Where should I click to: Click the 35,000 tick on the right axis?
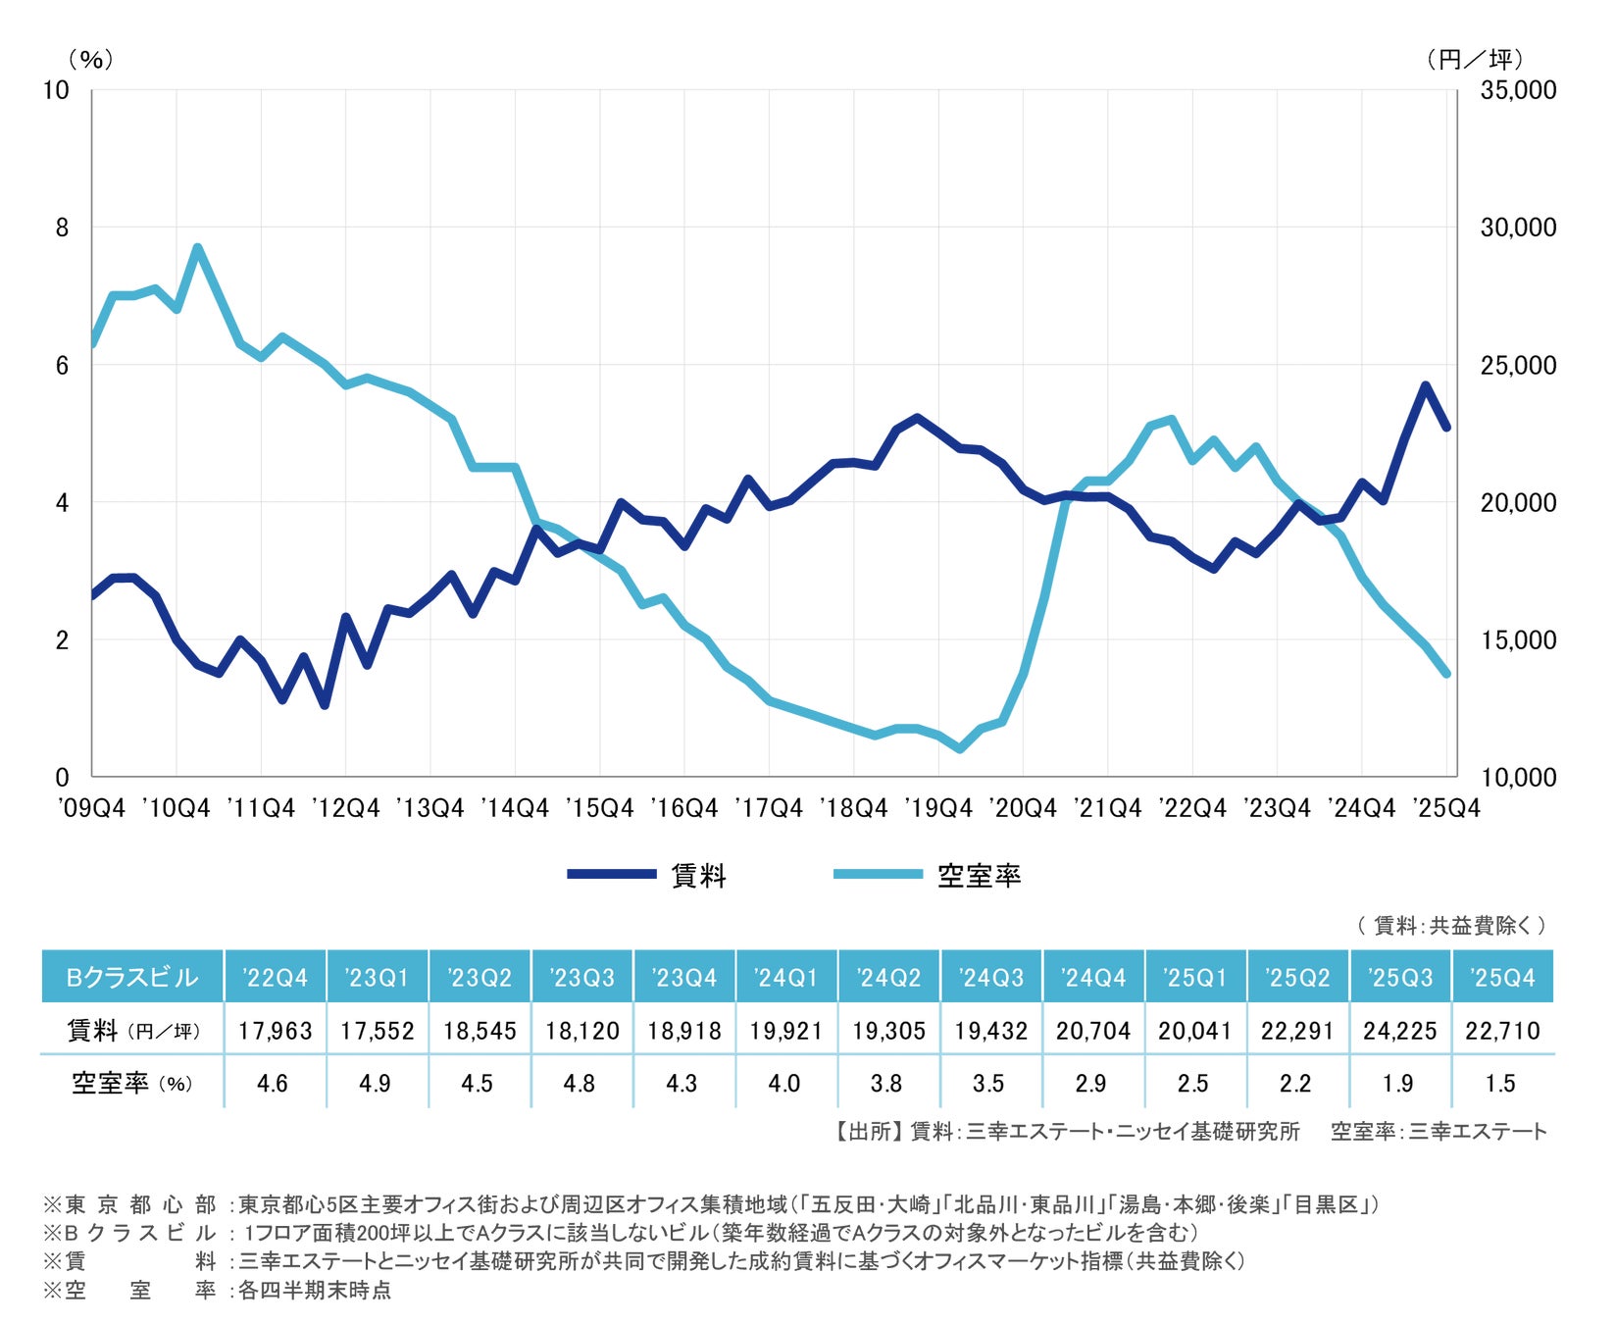(x=1518, y=90)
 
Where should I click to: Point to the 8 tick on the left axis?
(x=63, y=228)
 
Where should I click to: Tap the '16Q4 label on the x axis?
(x=684, y=808)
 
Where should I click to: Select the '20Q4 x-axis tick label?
(x=1023, y=808)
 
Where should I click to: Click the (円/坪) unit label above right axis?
(x=1475, y=60)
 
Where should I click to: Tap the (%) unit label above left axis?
(x=91, y=60)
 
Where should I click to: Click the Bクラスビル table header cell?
(x=132, y=977)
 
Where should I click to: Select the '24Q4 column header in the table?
(x=1093, y=977)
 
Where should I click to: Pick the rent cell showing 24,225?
(x=1399, y=1031)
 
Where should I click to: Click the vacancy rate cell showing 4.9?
(x=375, y=1084)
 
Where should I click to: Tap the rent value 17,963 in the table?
(x=275, y=1031)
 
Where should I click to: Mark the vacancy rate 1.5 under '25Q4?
(x=1500, y=1084)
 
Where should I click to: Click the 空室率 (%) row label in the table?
(x=132, y=1084)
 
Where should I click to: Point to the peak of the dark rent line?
(x=1425, y=385)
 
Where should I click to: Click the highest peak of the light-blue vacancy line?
(x=197, y=247)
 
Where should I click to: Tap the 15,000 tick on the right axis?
(x=1518, y=640)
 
